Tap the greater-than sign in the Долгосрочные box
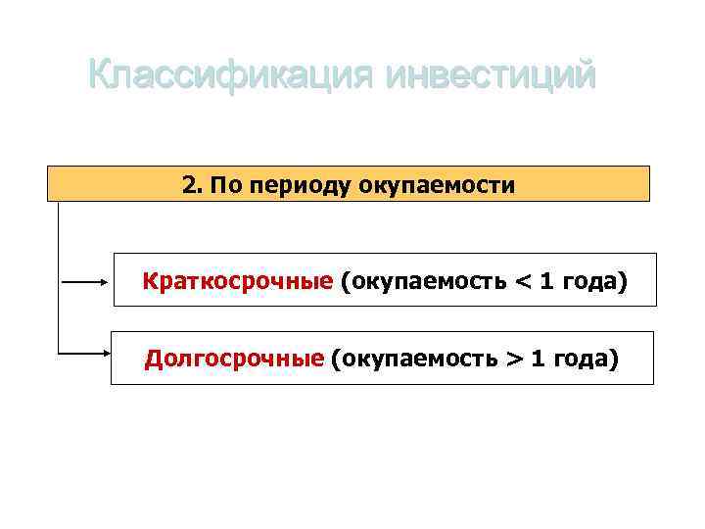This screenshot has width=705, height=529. point(514,361)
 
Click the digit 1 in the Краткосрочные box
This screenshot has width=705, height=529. point(547,282)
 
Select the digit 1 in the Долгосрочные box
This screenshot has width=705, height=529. point(540,360)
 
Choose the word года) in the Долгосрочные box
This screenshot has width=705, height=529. point(587,361)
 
